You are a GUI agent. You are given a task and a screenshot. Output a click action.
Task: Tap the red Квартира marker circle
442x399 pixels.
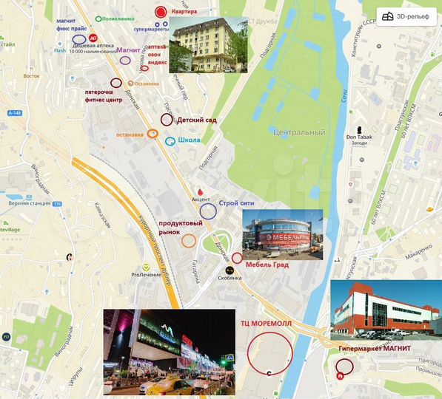(161, 12)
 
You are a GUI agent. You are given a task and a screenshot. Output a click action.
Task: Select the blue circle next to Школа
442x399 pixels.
(171, 140)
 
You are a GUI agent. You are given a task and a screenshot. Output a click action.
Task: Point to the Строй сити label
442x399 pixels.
(236, 202)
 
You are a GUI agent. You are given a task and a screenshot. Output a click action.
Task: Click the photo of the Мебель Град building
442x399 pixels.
(283, 233)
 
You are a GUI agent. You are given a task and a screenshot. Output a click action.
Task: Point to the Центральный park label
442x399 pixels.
(299, 132)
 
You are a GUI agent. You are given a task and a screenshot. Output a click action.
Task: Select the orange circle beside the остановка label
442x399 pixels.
(153, 134)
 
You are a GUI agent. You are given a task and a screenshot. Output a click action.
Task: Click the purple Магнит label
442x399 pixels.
(129, 50)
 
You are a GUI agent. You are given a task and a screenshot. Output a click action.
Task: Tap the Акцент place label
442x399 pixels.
(201, 199)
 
